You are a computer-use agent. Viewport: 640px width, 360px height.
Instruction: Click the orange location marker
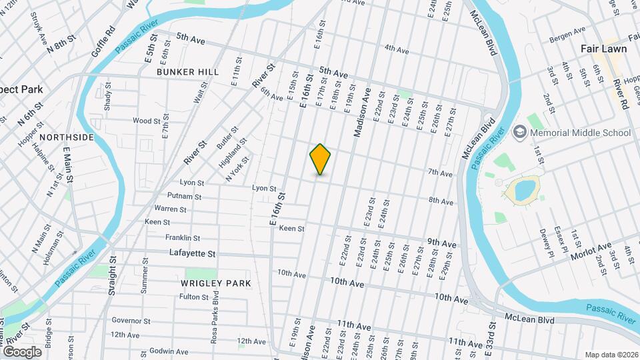321,159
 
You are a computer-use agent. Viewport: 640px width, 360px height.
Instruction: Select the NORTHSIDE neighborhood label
67,137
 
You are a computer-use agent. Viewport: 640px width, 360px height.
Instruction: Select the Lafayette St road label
193,253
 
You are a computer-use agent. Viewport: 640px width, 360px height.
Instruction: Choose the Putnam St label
185,197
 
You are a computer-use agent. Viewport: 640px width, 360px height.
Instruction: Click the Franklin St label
183,237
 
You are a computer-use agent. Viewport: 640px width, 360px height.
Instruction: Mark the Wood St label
147,121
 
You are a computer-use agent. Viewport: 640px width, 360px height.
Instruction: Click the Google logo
22,351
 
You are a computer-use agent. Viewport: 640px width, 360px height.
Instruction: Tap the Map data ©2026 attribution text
610,355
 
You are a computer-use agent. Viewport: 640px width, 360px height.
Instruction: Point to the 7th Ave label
441,173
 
